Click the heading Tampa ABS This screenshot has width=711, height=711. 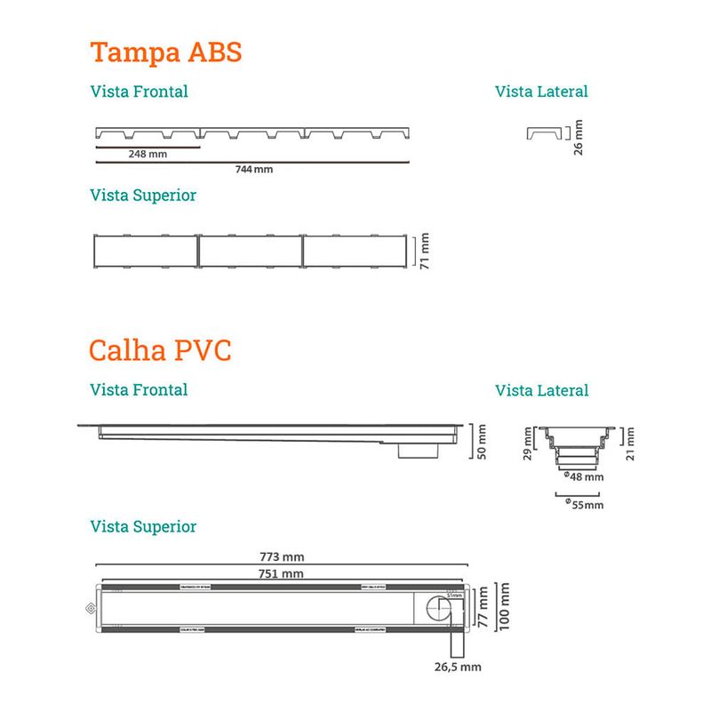[166, 52]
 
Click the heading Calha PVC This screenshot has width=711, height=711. [160, 349]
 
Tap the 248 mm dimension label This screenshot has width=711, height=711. [148, 153]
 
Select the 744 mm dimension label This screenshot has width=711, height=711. [254, 169]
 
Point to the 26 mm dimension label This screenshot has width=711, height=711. [579, 138]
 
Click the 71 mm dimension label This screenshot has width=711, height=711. [425, 250]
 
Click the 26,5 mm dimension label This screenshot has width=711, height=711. [457, 665]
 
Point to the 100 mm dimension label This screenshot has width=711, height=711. [505, 607]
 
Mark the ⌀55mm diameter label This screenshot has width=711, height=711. [584, 505]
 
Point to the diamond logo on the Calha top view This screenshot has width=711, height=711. [88, 609]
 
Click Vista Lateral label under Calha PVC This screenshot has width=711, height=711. [541, 390]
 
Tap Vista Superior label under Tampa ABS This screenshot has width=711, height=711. [143, 195]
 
